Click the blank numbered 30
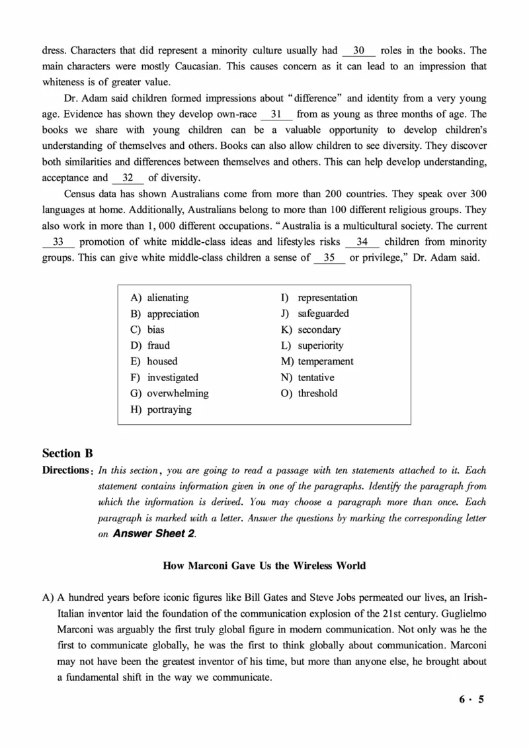(x=360, y=50)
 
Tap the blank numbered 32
(x=128, y=177)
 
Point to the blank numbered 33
(x=58, y=242)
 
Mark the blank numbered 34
(x=362, y=242)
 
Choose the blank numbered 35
(x=329, y=257)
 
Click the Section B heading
(x=67, y=453)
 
